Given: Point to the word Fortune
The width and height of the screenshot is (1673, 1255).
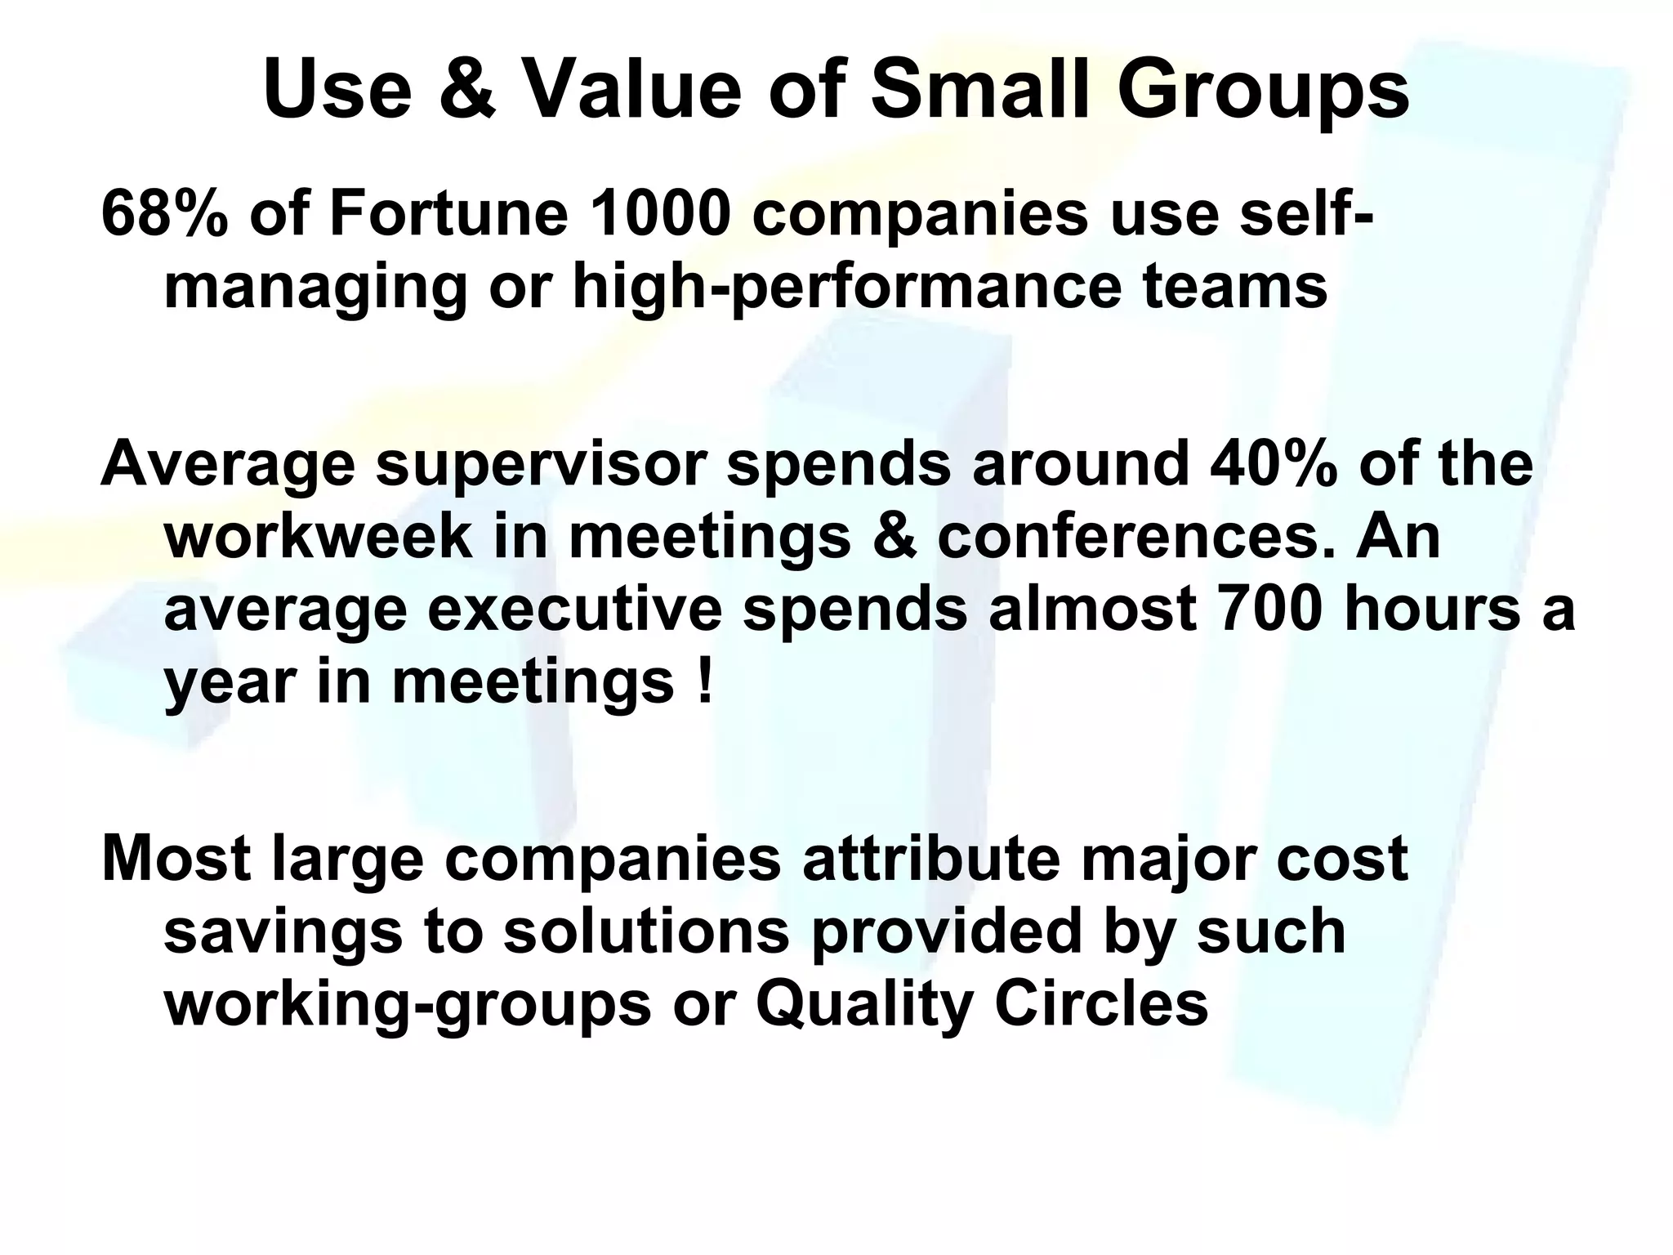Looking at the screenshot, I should coord(448,214).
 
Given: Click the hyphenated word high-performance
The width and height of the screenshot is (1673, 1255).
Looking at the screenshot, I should coord(846,288).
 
